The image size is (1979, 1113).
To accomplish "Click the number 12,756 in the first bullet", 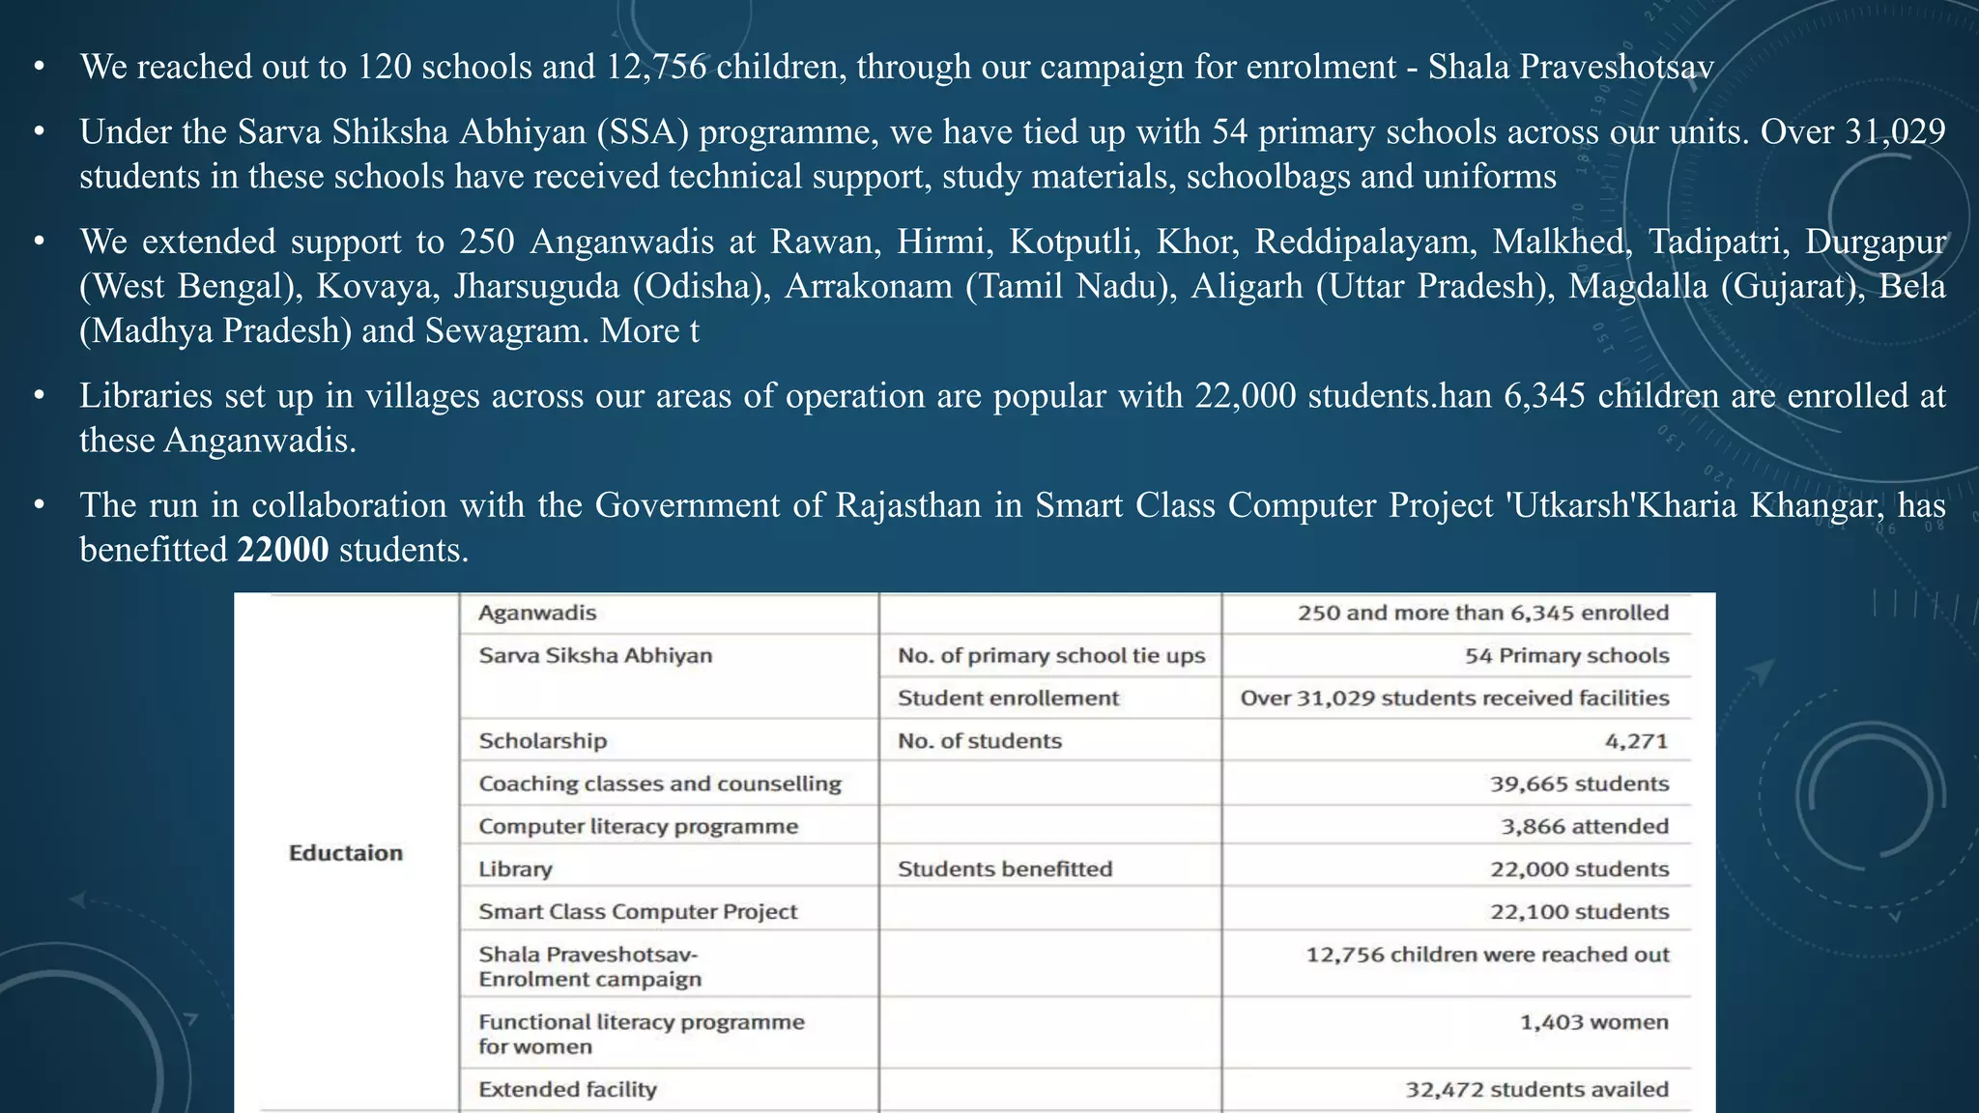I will pyautogui.click(x=656, y=67).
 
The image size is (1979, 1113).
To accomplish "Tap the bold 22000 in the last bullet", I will pyautogui.click(x=282, y=550).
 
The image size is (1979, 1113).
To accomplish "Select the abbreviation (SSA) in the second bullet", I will pyautogui.click(x=643, y=131).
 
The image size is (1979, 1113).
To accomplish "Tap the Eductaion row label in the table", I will pyautogui.click(x=345, y=853).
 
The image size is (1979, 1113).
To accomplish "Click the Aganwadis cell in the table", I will pyautogui.click(x=537, y=613).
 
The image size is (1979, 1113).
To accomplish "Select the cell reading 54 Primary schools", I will pyautogui.click(x=1566, y=655).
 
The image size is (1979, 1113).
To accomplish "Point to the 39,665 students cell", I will pyautogui.click(x=1579, y=784).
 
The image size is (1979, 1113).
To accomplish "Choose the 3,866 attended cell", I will pyautogui.click(x=1584, y=826).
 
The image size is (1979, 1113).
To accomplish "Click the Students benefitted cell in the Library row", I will pyautogui.click(x=1005, y=869).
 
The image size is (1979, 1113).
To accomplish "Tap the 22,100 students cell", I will pyautogui.click(x=1579, y=911).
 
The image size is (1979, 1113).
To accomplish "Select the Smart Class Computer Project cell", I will pyautogui.click(x=638, y=911).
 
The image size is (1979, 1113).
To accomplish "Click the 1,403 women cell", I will pyautogui.click(x=1593, y=1022).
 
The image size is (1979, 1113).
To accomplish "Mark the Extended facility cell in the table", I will pyautogui.click(x=567, y=1089).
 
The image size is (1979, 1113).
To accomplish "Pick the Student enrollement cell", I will pyautogui.click(x=1008, y=698).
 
